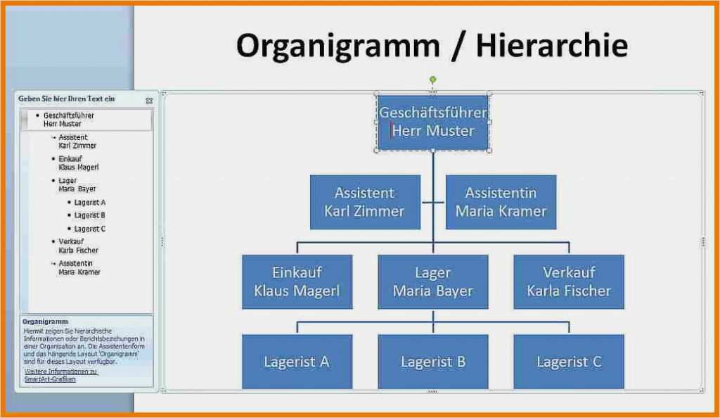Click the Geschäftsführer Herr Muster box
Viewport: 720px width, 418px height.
pyautogui.click(x=432, y=122)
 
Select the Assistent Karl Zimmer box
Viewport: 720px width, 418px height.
pyautogui.click(x=365, y=202)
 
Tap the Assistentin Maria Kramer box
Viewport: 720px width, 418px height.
pyautogui.click(x=501, y=202)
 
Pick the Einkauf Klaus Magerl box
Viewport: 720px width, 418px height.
pyautogui.click(x=297, y=281)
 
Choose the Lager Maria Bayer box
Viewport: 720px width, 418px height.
pyautogui.click(x=432, y=281)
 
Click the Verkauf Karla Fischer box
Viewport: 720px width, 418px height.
pyautogui.click(x=569, y=281)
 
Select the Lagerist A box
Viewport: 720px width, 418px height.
pyautogui.click(x=297, y=362)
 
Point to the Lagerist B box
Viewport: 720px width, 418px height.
pyautogui.click(x=432, y=362)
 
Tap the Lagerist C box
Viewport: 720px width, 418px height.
pyautogui.click(x=569, y=362)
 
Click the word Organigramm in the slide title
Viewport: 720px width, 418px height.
pyautogui.click(x=338, y=46)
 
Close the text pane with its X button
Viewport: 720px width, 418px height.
pyautogui.click(x=149, y=101)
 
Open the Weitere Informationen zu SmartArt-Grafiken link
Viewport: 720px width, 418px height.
pyautogui.click(x=60, y=375)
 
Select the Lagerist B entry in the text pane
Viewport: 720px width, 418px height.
pyautogui.click(x=89, y=215)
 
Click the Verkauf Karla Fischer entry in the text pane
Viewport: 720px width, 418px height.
pyautogui.click(x=78, y=246)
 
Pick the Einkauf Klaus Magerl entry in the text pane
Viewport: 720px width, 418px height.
pyautogui.click(x=78, y=163)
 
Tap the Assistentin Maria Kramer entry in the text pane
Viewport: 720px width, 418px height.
pyautogui.click(x=79, y=267)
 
